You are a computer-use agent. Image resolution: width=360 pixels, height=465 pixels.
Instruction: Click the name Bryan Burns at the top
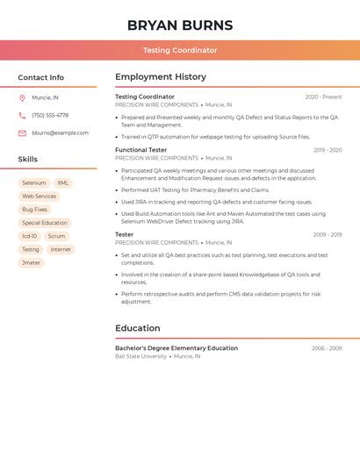coord(180,25)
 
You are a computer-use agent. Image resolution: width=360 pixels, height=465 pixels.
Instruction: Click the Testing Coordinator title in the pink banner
coord(180,50)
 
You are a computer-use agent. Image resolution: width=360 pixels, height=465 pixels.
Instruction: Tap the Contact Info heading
coord(40,77)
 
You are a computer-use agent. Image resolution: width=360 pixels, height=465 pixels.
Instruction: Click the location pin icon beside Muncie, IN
coord(22,97)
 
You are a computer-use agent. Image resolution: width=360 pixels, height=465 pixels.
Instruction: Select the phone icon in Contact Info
coord(22,115)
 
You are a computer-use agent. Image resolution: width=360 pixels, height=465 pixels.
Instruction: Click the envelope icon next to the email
coord(22,133)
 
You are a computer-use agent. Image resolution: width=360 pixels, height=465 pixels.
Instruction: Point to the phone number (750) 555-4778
coord(50,115)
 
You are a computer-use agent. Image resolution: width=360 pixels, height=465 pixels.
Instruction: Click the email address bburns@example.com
coord(60,133)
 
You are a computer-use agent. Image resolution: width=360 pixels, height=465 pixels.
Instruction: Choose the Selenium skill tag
coord(34,183)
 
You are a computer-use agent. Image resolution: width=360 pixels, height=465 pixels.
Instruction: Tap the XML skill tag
coord(62,183)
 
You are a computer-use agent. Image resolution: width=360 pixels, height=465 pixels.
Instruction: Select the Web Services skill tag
coord(39,197)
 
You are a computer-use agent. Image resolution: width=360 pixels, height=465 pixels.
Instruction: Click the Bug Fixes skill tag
coord(34,210)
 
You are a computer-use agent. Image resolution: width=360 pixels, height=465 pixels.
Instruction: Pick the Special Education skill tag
coord(44,223)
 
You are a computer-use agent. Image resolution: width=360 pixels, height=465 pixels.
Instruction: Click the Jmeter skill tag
coord(31,263)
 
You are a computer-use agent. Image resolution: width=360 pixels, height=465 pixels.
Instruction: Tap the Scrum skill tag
coord(56,236)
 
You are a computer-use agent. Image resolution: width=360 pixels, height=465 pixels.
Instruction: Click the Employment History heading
coord(161,77)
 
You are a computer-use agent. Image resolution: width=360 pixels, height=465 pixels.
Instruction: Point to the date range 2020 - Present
coord(323,97)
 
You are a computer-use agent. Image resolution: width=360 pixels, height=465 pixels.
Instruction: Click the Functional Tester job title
coord(140,150)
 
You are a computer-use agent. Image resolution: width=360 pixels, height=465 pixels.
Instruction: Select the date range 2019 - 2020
coord(328,150)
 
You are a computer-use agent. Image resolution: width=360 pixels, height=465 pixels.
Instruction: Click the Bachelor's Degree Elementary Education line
coord(176,348)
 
